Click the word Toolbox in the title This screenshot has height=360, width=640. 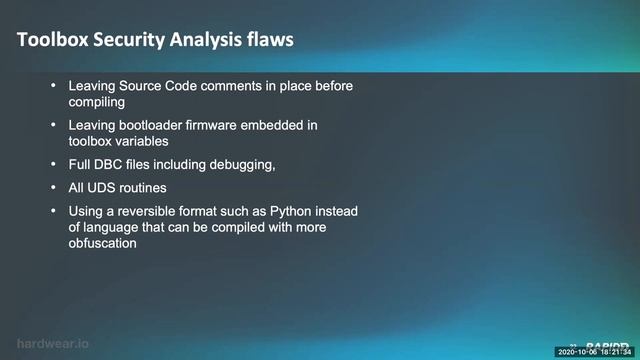(x=53, y=41)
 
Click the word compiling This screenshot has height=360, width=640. (x=97, y=102)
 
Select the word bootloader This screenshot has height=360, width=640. (x=149, y=125)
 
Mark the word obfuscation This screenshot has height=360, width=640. (x=105, y=242)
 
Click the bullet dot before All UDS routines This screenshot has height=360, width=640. (x=53, y=187)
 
